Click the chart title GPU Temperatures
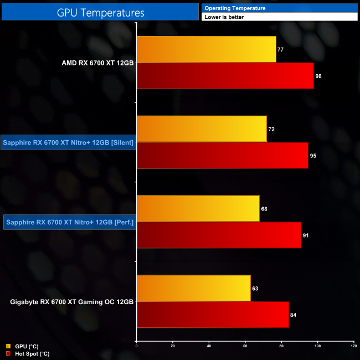[100, 12]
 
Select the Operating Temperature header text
[235, 8]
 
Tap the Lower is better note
[224, 17]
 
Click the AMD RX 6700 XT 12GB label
[97, 63]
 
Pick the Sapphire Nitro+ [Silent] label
[68, 142]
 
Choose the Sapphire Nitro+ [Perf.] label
[70, 223]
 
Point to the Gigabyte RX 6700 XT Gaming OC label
[72, 302]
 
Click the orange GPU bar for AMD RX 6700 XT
[206, 49]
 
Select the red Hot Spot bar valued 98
[225, 76]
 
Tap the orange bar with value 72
[202, 129]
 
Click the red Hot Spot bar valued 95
[222, 156]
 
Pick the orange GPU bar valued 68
[198, 208]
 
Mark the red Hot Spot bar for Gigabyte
[213, 315]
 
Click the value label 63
[255, 289]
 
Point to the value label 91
[306, 235]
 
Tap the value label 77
[281, 50]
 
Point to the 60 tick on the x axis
[245, 346]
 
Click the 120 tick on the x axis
[353, 346]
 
